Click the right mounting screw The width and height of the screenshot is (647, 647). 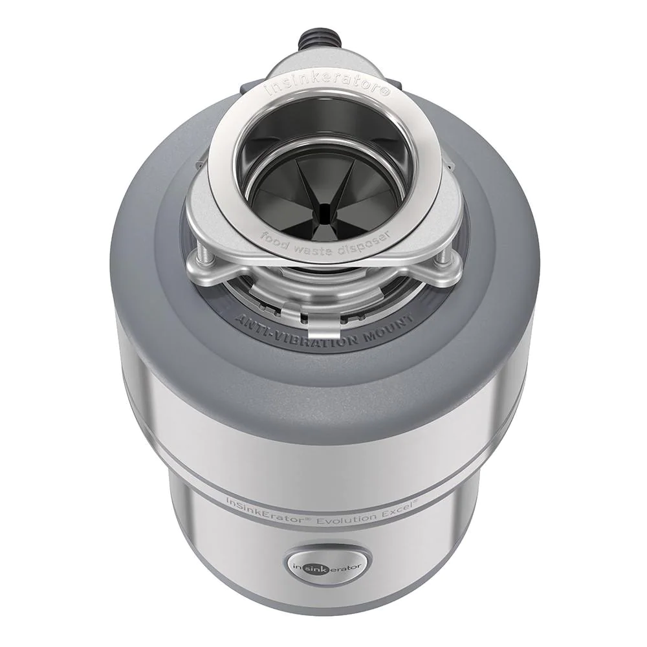click(441, 258)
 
